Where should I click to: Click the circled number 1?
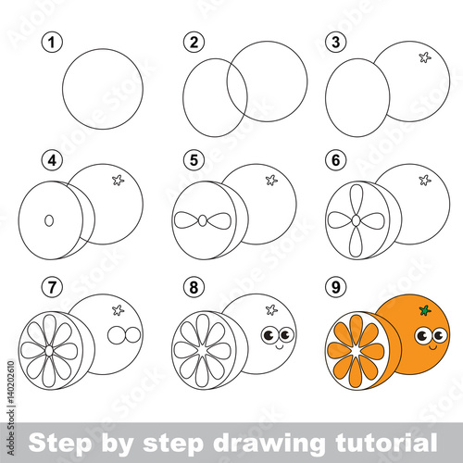[52, 43]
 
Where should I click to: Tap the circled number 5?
[194, 160]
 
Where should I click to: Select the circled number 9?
[336, 287]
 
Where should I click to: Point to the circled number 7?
[52, 287]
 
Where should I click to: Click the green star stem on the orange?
[425, 310]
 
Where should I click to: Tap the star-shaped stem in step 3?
[425, 57]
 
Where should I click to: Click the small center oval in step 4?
[49, 220]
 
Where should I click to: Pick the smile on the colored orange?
[432, 347]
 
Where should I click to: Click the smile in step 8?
[279, 347]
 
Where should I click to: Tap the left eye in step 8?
[269, 335]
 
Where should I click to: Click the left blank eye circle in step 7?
[116, 335]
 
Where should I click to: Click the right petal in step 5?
[219, 220]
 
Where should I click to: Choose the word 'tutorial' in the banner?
[386, 443]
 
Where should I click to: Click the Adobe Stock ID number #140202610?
[11, 382]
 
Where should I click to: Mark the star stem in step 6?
[425, 180]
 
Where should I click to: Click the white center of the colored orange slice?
[357, 351]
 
